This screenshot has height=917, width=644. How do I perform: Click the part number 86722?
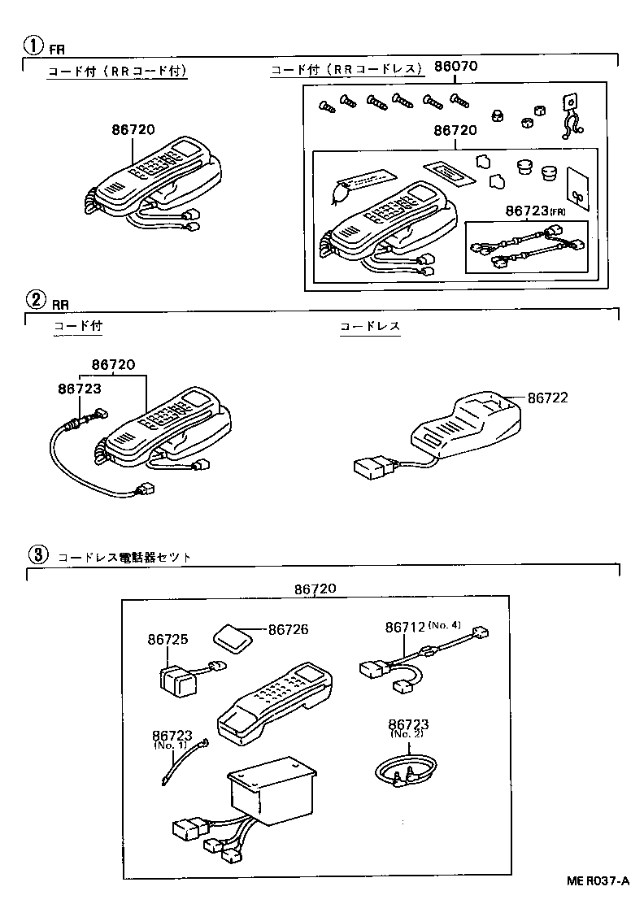(547, 398)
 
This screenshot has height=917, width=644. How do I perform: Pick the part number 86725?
(168, 640)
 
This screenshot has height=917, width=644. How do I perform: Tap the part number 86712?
(405, 627)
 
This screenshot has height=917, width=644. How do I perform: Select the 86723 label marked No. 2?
(408, 725)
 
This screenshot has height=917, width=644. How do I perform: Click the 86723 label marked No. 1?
(171, 736)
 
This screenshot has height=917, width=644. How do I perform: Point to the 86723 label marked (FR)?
(529, 211)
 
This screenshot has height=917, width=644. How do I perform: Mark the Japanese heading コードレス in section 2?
(370, 326)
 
